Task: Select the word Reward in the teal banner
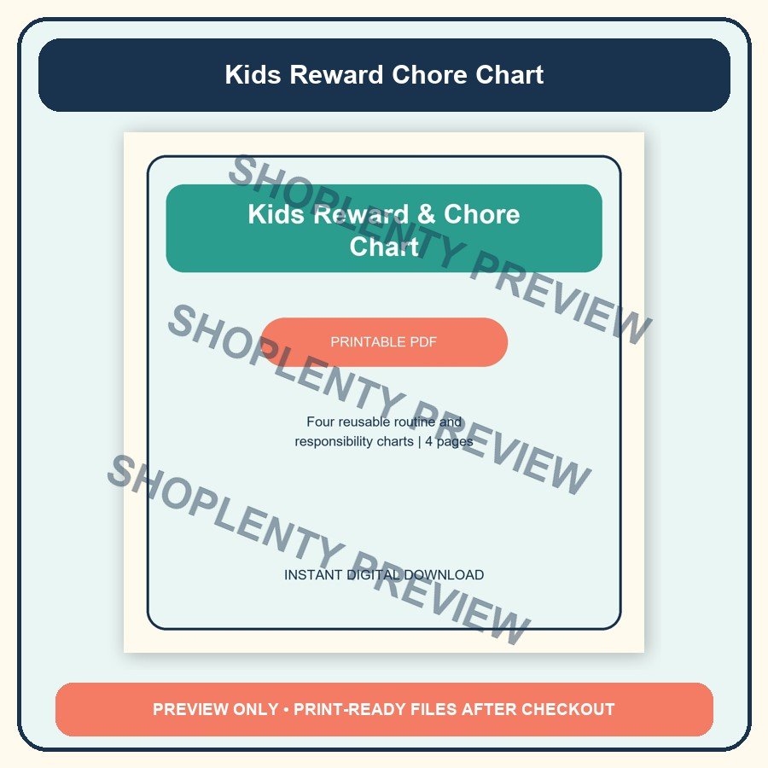point(361,214)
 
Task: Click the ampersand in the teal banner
point(426,214)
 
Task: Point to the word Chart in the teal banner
point(384,246)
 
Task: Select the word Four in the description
point(320,422)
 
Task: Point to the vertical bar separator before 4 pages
point(419,442)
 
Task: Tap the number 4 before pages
point(428,442)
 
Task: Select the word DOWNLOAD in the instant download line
point(444,574)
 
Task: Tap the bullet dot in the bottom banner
point(286,709)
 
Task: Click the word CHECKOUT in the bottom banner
point(568,709)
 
